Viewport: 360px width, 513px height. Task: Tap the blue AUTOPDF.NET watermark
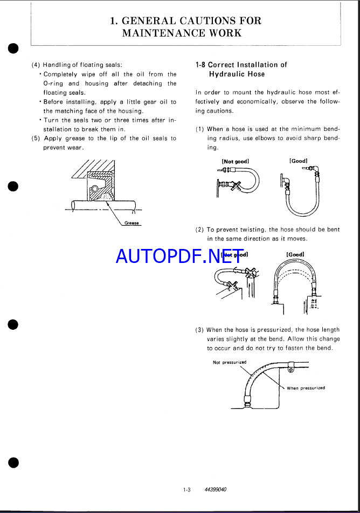tap(179, 256)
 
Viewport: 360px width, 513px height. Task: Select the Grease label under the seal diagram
tap(131, 223)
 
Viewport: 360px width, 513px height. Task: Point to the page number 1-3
tap(187, 490)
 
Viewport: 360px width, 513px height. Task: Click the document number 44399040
tap(216, 490)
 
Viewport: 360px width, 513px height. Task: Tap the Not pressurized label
tap(230, 362)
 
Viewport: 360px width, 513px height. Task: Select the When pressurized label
tap(306, 388)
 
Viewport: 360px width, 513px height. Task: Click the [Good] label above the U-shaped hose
tap(299, 161)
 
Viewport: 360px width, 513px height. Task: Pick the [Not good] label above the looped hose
tap(236, 161)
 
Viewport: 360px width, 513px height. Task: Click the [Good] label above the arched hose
tap(295, 254)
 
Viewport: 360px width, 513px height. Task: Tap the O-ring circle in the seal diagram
tap(95, 188)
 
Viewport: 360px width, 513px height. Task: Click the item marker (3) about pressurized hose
tap(199, 330)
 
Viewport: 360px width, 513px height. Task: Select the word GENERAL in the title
tap(149, 21)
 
